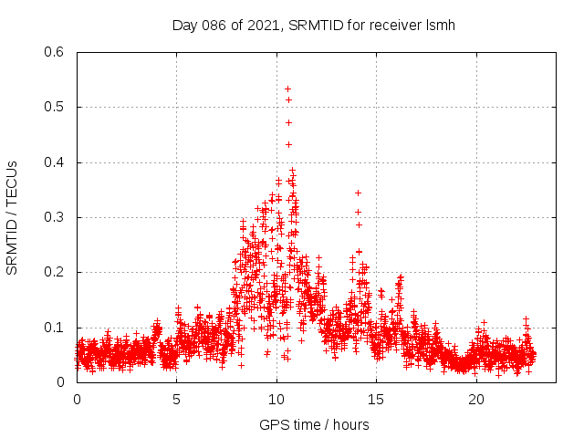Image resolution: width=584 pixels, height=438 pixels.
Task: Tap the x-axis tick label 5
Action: point(177,400)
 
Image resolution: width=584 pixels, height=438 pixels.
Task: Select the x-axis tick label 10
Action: point(276,400)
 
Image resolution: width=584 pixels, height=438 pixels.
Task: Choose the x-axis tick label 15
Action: point(377,400)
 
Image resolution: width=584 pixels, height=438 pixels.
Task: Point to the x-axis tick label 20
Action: point(476,400)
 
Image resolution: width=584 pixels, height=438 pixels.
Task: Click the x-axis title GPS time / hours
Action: point(314,424)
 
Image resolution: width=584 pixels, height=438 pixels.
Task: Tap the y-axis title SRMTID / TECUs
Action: point(13,217)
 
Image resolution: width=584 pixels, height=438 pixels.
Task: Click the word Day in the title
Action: point(185,25)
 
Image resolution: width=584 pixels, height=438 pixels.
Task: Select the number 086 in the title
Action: point(216,25)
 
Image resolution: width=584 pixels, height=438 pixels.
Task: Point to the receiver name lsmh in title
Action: point(441,25)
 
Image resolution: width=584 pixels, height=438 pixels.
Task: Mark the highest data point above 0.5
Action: point(287,89)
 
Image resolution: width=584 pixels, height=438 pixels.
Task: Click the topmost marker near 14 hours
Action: point(358,193)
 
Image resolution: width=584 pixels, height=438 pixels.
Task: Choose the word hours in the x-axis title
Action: point(350,424)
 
